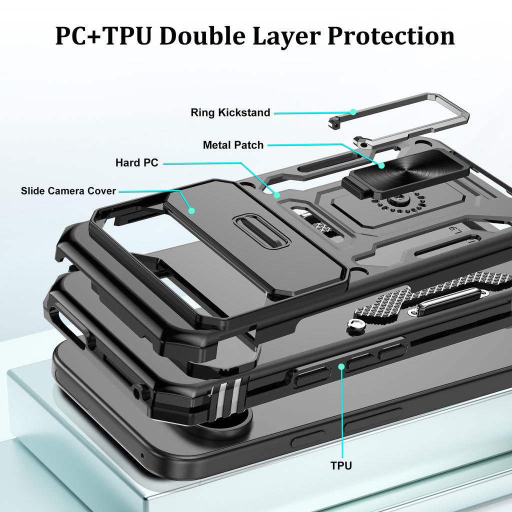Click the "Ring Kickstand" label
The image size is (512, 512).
coord(230,112)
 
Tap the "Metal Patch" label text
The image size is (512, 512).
coord(233,145)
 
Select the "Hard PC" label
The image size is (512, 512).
coord(136,162)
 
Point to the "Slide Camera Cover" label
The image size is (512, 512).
coord(68,191)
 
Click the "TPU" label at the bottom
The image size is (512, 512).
coord(341,465)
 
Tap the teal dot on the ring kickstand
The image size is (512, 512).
coord(353,112)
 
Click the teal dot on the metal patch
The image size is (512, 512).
coord(381,164)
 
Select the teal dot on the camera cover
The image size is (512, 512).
coord(191,211)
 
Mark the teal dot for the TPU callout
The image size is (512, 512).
coord(341,366)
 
